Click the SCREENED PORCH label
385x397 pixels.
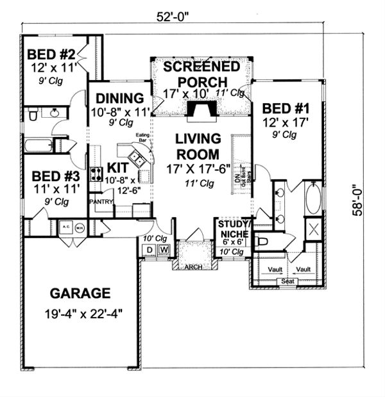pos(202,74)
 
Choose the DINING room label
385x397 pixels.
pos(119,99)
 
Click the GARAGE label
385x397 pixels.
pos(80,294)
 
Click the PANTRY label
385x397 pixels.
pos(101,202)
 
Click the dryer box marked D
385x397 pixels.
pos(149,249)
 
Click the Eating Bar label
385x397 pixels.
pos(142,147)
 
